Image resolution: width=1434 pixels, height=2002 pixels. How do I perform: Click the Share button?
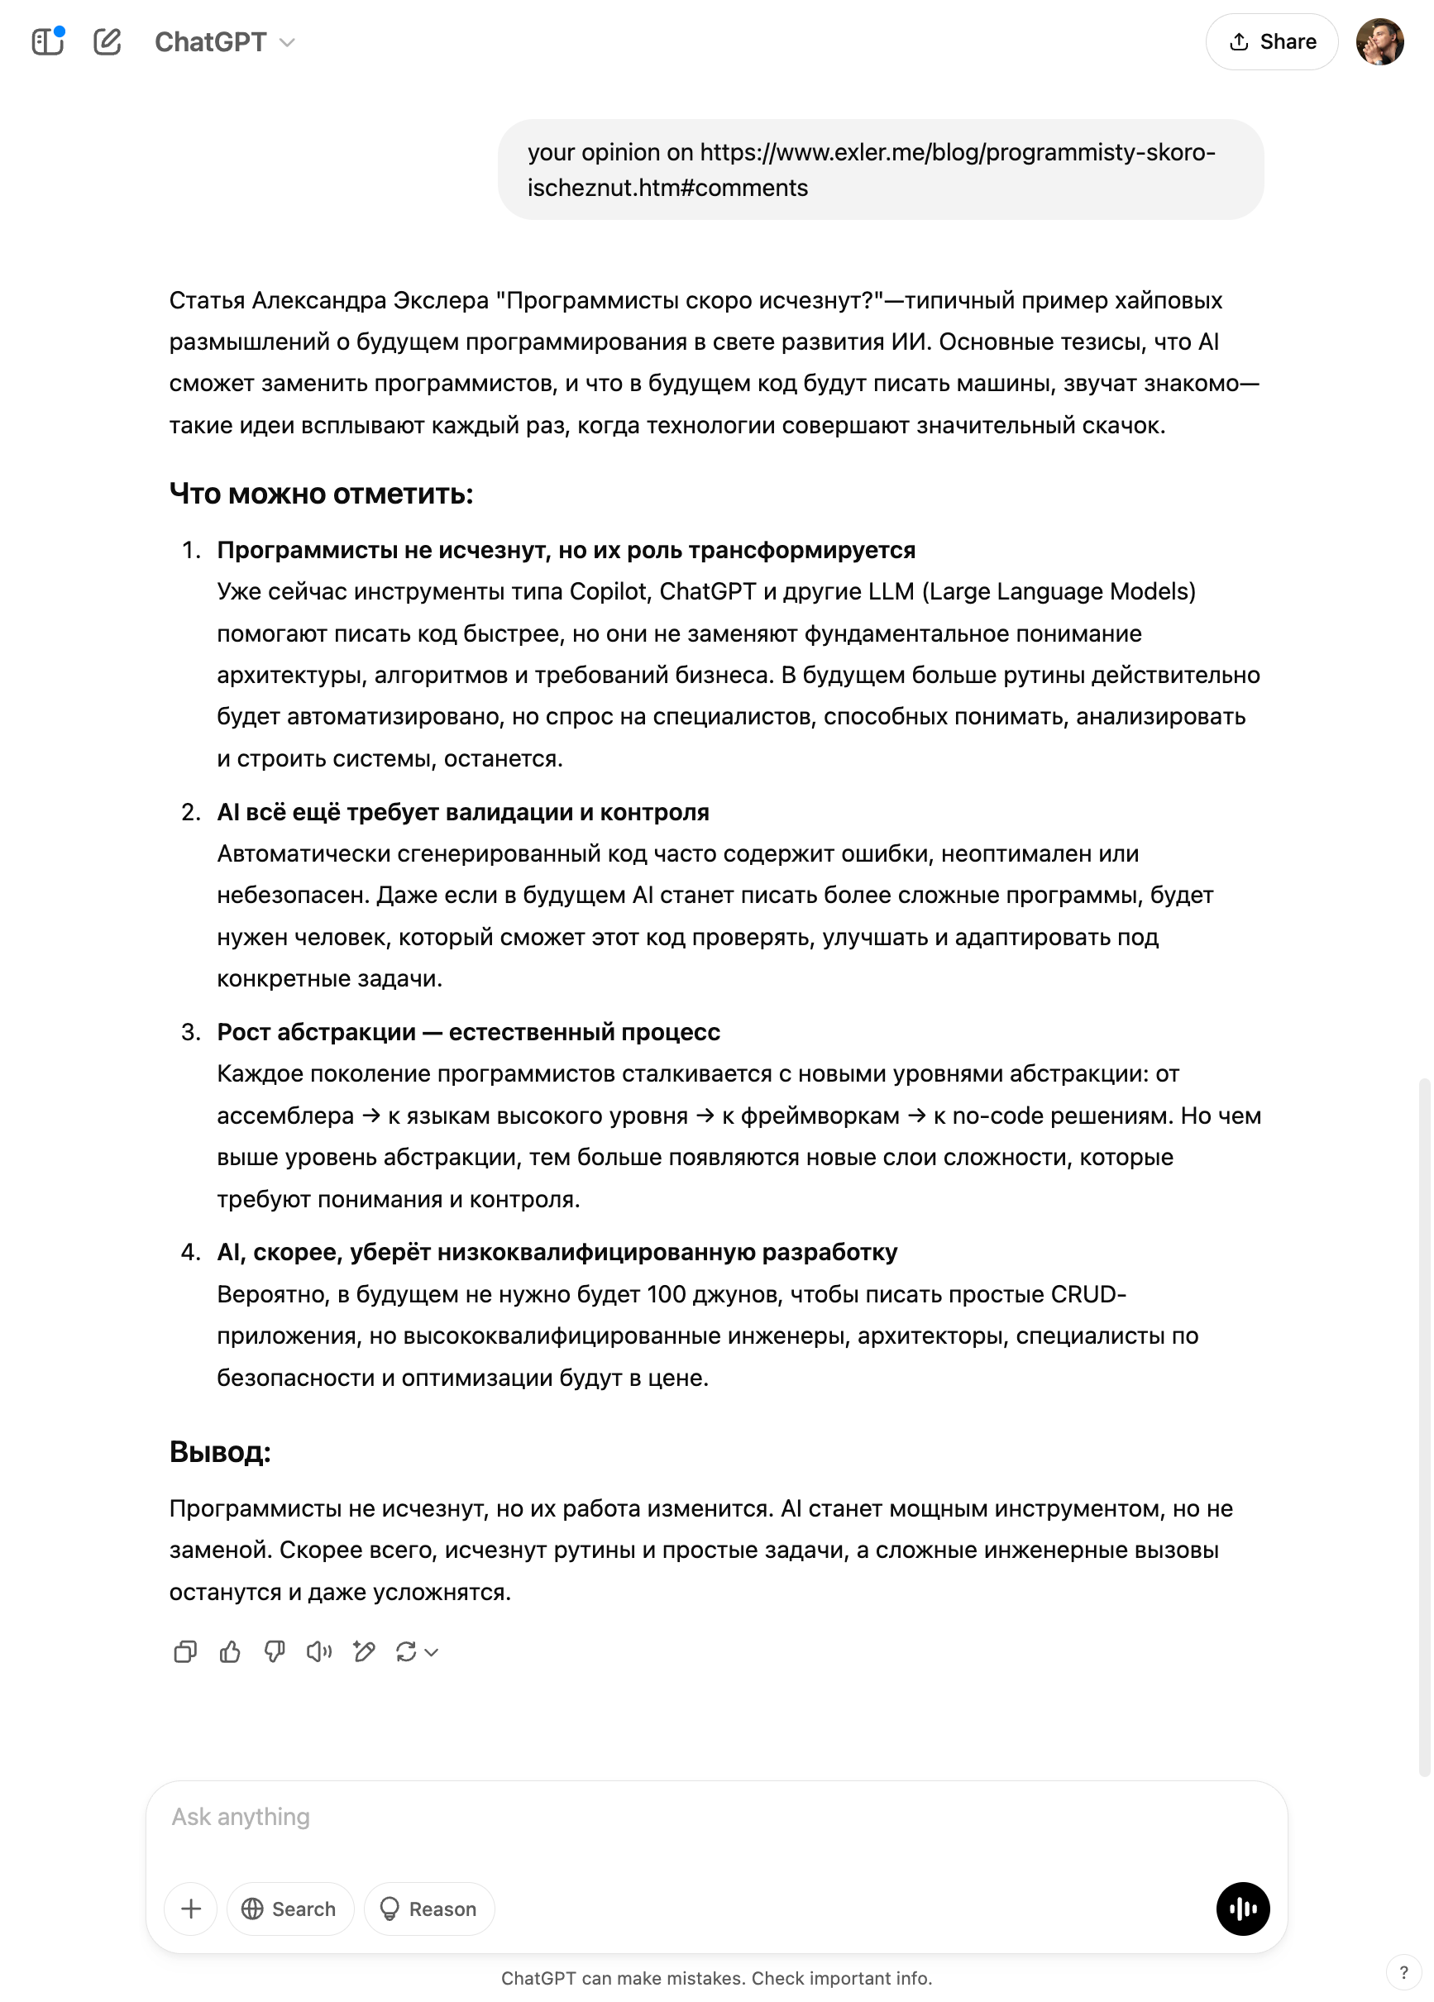click(1272, 41)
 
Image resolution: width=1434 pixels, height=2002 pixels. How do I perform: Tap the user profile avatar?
click(1379, 41)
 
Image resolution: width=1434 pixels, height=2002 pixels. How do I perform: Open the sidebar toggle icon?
click(48, 41)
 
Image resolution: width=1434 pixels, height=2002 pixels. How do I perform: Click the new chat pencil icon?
click(108, 41)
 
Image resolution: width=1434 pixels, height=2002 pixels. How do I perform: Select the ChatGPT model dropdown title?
click(224, 41)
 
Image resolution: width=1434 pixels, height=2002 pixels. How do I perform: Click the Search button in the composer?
click(289, 1909)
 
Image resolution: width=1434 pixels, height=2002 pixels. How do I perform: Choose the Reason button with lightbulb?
click(429, 1909)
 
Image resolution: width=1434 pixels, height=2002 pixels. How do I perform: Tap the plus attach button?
click(191, 1909)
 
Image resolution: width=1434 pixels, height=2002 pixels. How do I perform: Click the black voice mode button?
click(1242, 1909)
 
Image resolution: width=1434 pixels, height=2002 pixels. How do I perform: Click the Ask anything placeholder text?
click(240, 1817)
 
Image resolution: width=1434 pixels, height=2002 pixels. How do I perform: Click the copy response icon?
click(185, 1651)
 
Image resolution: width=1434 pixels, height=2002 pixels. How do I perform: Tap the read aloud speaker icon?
click(318, 1651)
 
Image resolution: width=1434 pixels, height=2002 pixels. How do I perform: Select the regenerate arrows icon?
click(407, 1651)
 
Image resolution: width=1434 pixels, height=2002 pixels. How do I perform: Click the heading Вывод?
click(220, 1452)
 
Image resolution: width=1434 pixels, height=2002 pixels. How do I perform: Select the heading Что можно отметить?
click(322, 494)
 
